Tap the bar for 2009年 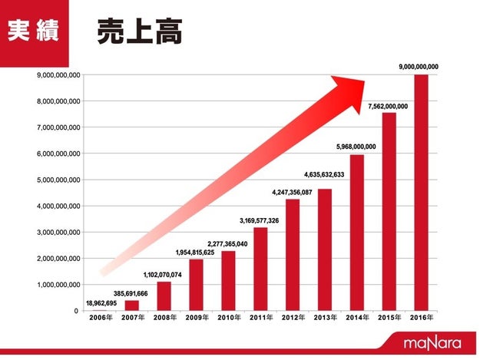[196, 285]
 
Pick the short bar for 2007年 [131, 306]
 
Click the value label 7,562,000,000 [388, 105]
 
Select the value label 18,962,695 [102, 303]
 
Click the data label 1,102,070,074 [163, 273]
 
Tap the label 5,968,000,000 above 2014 [356, 147]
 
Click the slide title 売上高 [139, 31]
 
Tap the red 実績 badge [34, 31]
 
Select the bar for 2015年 [388, 212]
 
